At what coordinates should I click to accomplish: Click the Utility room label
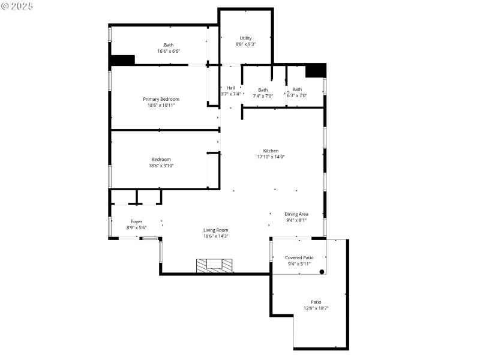click(245, 38)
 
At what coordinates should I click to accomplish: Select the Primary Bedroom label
click(161, 99)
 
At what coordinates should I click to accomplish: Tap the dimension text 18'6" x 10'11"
click(161, 106)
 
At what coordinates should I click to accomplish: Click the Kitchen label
click(271, 151)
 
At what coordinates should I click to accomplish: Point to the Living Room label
click(215, 230)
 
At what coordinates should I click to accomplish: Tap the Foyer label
click(136, 221)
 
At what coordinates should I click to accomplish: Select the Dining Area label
click(296, 214)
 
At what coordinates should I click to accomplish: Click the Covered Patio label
click(299, 257)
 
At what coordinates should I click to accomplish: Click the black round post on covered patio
click(322, 272)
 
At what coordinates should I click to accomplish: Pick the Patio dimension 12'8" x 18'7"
click(316, 308)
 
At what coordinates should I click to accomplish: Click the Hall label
click(230, 88)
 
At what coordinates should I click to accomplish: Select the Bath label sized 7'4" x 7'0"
click(263, 90)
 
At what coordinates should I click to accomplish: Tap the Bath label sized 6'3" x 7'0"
click(297, 89)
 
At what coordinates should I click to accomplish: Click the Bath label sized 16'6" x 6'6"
click(169, 45)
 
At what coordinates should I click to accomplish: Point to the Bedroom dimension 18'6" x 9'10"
click(161, 166)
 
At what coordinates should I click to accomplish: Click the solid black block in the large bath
click(122, 60)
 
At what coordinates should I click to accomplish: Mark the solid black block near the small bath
click(315, 70)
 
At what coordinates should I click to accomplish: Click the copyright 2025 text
click(17, 5)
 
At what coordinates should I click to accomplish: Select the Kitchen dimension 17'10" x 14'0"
click(271, 157)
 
